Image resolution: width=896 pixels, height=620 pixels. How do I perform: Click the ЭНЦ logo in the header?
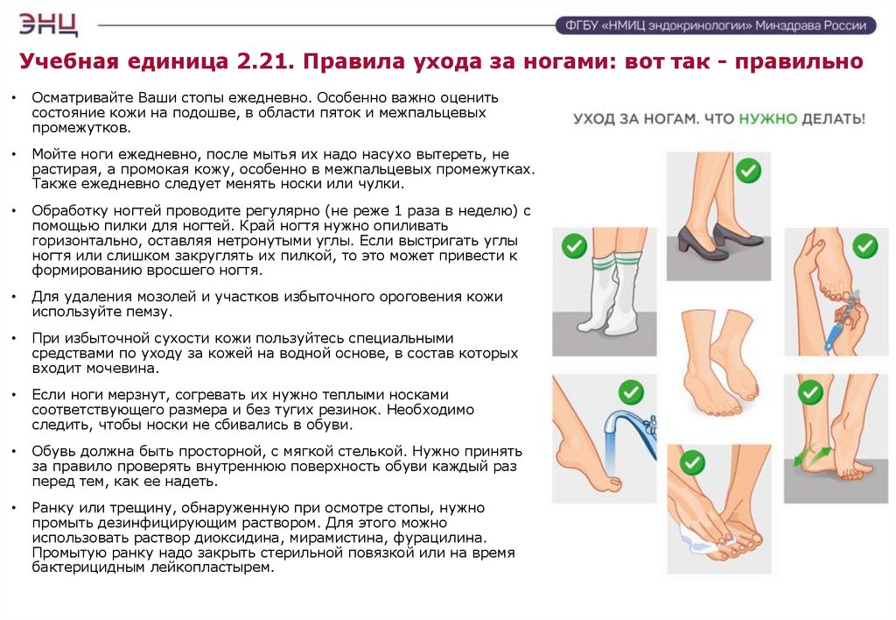[x=48, y=25]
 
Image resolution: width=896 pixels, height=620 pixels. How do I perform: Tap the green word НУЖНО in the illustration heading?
[x=767, y=119]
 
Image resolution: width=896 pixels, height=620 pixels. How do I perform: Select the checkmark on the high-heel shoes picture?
[x=748, y=171]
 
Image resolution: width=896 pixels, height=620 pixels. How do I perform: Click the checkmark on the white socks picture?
[x=574, y=246]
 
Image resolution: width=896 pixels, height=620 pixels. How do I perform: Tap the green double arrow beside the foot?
[x=812, y=455]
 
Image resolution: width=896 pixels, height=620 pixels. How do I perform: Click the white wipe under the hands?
[x=697, y=538]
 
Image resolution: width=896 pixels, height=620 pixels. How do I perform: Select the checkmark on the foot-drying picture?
[x=692, y=462]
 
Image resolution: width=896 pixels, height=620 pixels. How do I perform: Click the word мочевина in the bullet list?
[x=122, y=368]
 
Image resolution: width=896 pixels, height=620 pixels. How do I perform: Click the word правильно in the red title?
[x=799, y=60]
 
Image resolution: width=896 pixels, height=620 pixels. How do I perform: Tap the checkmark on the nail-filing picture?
[x=865, y=246]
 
